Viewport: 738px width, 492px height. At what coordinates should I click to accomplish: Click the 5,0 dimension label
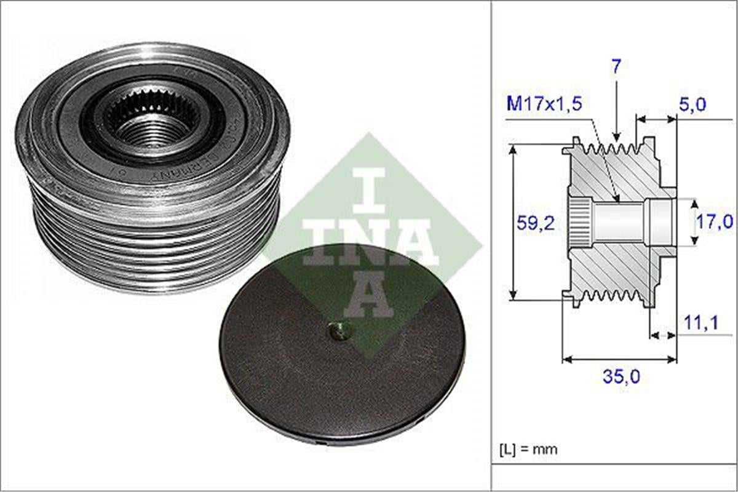(691, 105)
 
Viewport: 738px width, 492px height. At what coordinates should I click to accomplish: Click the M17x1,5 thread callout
(545, 103)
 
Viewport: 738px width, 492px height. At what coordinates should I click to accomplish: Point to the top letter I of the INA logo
(370, 187)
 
